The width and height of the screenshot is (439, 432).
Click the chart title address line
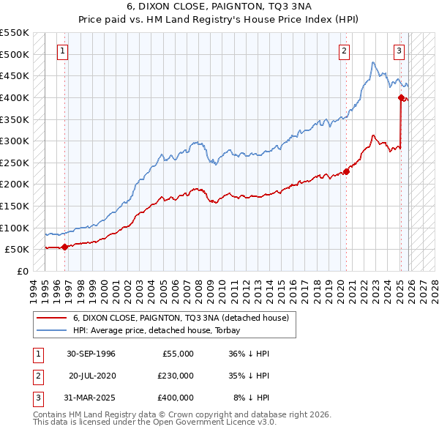(219, 6)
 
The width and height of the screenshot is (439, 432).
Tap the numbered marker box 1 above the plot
(63, 51)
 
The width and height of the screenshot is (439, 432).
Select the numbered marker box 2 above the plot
(343, 51)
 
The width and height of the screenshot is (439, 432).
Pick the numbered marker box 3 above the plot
(399, 51)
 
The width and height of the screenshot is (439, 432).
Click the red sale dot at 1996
(64, 247)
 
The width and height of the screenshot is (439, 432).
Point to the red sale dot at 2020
(346, 171)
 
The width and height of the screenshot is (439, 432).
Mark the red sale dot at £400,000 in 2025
(401, 97)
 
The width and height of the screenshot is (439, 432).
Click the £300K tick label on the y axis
(15, 141)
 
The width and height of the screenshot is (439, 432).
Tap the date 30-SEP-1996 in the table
(91, 353)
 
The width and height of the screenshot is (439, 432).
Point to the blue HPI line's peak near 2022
(372, 63)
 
